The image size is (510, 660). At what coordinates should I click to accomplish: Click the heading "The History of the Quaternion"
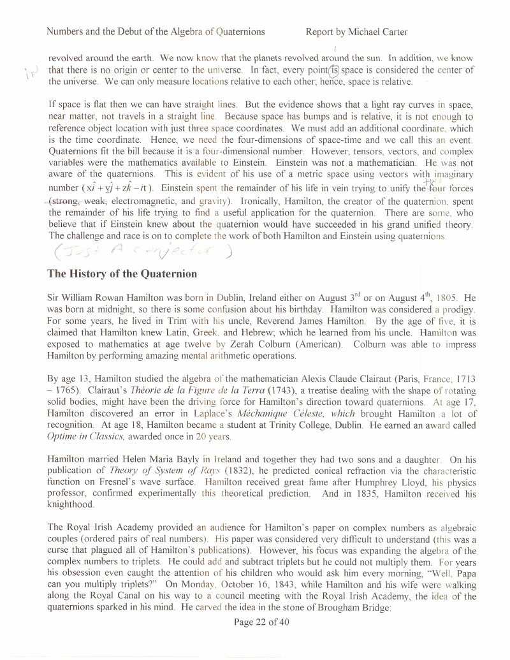point(122,274)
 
